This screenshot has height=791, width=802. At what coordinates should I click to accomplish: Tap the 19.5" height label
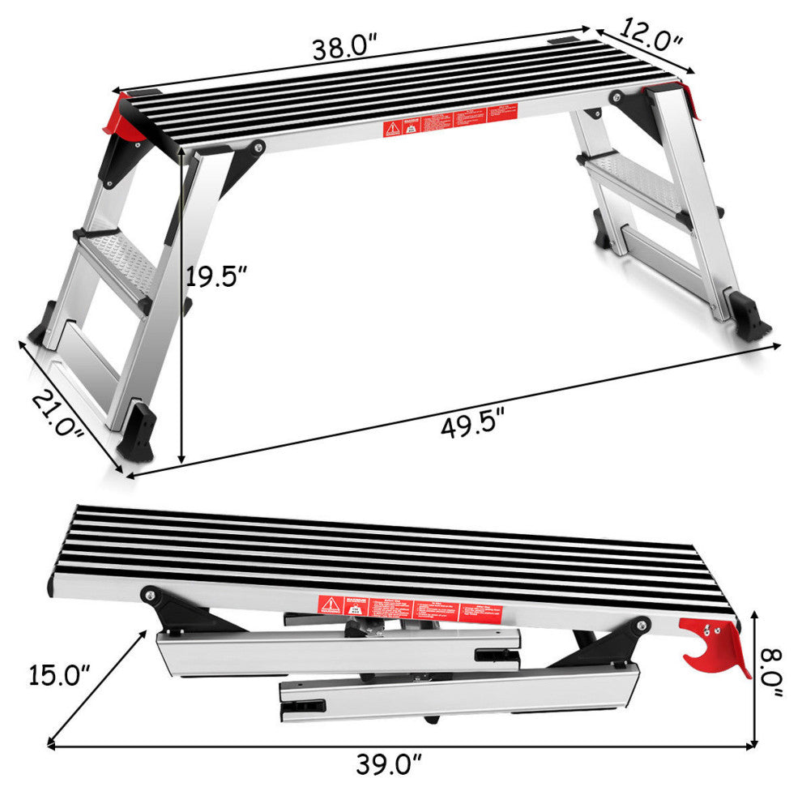[215, 278]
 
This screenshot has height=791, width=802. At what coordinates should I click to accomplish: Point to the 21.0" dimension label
[58, 414]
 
